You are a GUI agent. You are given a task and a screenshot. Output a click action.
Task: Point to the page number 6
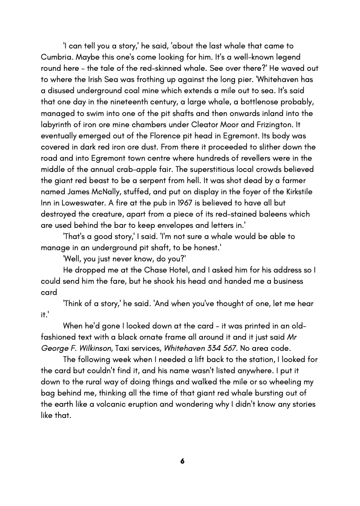[x=182, y=461]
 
